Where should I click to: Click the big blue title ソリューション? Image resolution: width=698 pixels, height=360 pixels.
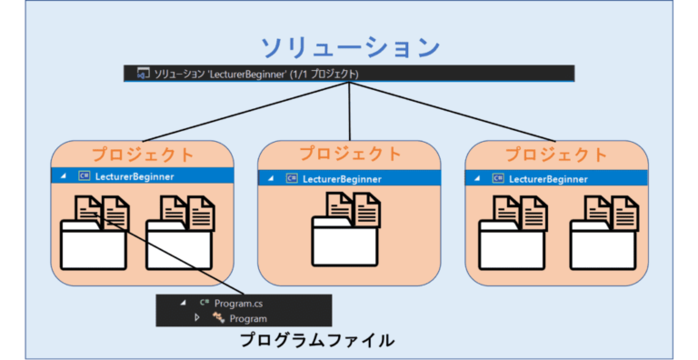click(x=350, y=47)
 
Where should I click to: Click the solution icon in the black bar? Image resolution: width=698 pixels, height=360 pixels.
click(x=143, y=74)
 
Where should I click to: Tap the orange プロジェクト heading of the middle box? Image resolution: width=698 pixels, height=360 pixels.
click(x=350, y=154)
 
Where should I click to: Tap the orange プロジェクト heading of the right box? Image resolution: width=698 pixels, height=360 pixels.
click(x=556, y=154)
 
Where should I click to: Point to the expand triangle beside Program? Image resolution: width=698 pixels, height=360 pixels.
click(x=196, y=318)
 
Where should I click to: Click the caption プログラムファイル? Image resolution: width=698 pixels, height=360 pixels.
click(x=317, y=341)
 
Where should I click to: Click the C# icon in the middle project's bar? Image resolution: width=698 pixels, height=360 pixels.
click(x=292, y=178)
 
